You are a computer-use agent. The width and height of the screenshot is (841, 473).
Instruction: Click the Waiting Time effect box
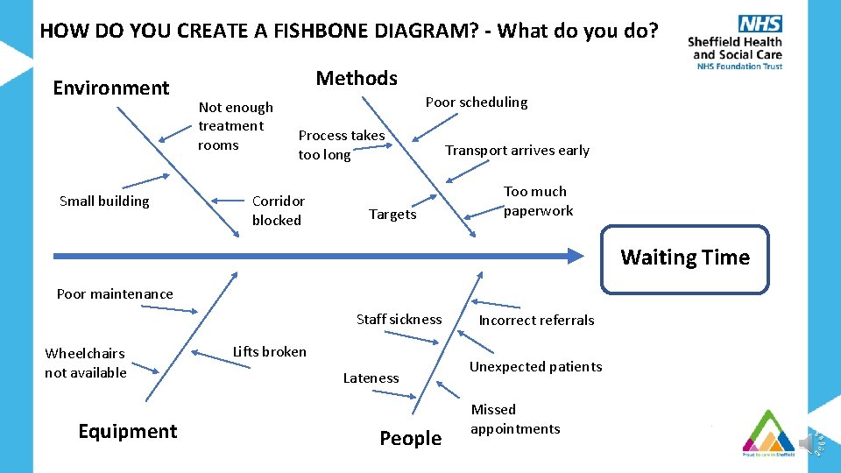click(x=684, y=258)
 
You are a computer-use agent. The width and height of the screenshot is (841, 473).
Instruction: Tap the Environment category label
click(x=111, y=88)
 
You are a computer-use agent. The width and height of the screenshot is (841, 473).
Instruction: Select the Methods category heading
click(x=357, y=78)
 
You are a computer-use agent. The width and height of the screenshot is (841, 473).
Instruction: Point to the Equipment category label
click(x=128, y=431)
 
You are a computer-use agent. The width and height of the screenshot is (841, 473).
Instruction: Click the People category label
click(x=410, y=438)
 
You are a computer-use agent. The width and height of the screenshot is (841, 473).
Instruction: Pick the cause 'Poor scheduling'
click(x=477, y=102)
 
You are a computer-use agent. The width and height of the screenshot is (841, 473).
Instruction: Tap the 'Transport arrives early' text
click(x=517, y=150)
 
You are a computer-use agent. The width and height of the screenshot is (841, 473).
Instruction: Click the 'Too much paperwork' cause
click(x=536, y=201)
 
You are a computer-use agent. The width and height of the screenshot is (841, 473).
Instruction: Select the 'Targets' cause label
click(x=392, y=215)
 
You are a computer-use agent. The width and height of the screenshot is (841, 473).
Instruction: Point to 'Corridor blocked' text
click(x=278, y=210)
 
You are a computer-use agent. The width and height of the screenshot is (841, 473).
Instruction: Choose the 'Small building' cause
click(x=104, y=201)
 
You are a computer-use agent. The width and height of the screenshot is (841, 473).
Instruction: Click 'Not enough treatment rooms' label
click(x=235, y=126)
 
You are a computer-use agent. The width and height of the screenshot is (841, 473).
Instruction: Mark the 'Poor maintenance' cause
click(x=115, y=293)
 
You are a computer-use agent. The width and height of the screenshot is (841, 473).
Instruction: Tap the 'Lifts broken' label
click(x=270, y=351)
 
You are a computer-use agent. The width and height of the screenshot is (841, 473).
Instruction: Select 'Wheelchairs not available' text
click(x=86, y=363)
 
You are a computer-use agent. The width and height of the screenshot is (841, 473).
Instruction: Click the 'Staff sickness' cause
click(x=399, y=319)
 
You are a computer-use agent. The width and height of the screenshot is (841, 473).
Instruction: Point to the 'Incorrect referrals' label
click(x=536, y=320)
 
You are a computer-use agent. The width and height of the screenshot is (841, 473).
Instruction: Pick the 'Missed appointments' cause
click(x=515, y=419)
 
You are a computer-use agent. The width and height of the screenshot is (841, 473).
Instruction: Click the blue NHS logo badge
click(x=760, y=24)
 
